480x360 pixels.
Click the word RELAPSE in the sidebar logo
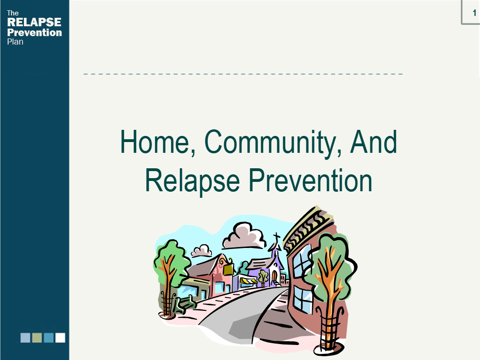click(34, 22)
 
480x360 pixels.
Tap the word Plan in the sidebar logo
click(15, 42)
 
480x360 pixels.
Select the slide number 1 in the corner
click(474, 13)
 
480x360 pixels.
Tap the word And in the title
click(374, 142)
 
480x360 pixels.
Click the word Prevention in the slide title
click(310, 180)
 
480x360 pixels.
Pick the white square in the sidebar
click(60, 337)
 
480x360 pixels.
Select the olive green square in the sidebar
click(37, 337)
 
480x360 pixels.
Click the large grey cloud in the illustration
click(244, 236)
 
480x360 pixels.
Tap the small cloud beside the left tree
click(202, 250)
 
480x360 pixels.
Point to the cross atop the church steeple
click(277, 238)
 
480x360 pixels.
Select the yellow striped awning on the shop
click(248, 280)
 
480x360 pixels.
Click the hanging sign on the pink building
click(228, 270)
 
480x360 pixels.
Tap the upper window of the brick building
click(302, 261)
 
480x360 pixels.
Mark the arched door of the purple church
click(274, 277)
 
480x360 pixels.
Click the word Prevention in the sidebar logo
click(34, 32)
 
